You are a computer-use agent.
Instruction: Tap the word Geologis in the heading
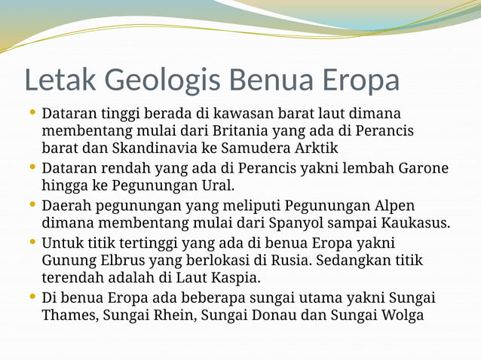tap(161, 80)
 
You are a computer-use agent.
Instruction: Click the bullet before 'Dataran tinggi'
tap(32, 113)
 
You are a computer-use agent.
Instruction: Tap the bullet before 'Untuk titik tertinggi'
tap(32, 242)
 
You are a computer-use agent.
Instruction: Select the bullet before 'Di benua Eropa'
tap(32, 297)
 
